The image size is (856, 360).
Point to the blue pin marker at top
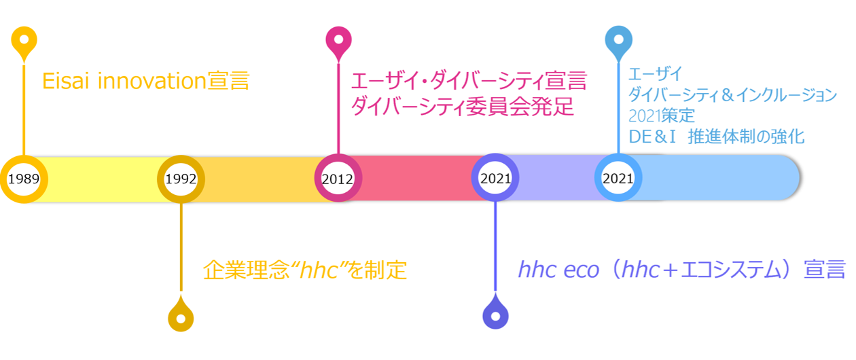click(619, 42)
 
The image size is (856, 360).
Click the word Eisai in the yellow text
click(66, 81)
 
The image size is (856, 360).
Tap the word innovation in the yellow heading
click(152, 81)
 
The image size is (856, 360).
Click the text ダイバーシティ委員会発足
click(463, 106)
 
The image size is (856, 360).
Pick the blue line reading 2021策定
click(662, 115)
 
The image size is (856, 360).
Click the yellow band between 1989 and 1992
click(103, 179)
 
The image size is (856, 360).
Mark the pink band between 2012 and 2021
click(417, 178)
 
